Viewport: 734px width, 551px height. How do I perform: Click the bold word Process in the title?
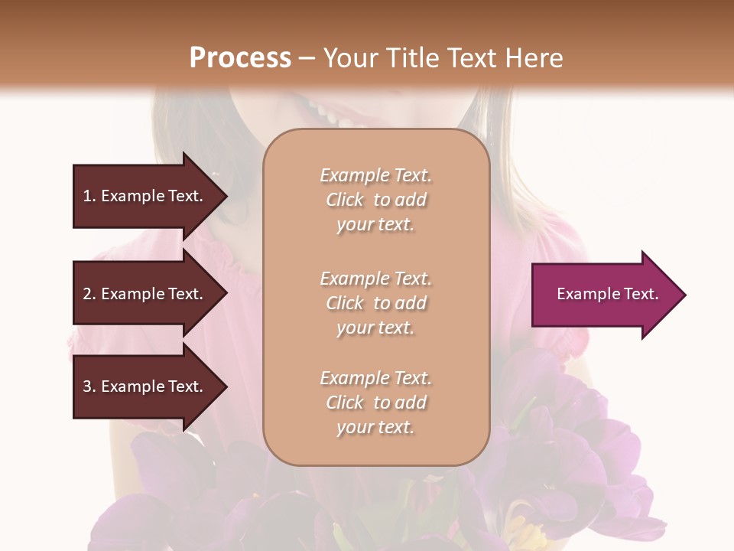point(240,58)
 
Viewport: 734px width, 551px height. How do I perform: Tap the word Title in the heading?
point(411,58)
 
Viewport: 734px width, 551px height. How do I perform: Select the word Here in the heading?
point(532,58)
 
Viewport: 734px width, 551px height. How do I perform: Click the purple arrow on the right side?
point(604,295)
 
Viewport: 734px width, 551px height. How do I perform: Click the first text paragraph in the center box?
point(375,200)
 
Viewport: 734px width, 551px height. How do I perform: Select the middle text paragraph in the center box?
point(375,303)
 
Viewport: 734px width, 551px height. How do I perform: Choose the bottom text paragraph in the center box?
point(375,403)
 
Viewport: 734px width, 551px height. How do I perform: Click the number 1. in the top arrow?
point(89,196)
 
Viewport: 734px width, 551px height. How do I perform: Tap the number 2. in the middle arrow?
point(89,294)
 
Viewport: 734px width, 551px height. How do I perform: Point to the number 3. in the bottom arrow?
point(89,386)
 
